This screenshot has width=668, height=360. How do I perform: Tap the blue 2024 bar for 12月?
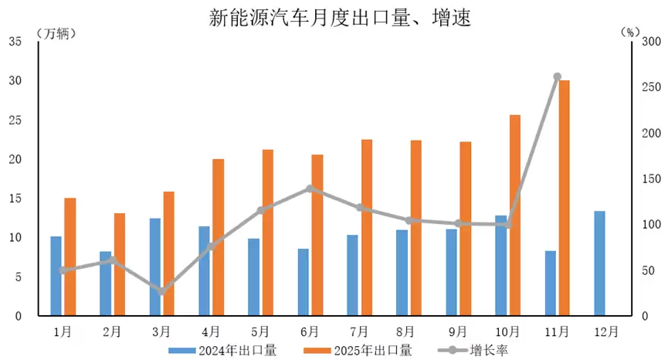point(599,263)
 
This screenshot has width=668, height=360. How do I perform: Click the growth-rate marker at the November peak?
point(557,76)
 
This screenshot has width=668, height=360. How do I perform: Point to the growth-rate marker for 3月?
point(161,291)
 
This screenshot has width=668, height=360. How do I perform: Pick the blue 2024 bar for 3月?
point(154,267)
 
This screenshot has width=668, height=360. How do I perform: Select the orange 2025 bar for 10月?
point(514,216)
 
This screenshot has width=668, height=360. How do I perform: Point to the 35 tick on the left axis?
point(15,42)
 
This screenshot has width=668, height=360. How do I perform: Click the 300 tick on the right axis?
point(652,42)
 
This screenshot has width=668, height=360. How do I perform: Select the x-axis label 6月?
point(310,331)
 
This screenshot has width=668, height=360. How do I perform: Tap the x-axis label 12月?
point(606,331)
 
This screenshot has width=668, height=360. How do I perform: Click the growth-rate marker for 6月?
point(310,188)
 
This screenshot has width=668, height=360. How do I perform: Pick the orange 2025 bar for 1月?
point(70,257)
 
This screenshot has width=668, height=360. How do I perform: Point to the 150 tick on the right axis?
point(652,179)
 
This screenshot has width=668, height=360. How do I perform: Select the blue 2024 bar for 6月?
point(303,282)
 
